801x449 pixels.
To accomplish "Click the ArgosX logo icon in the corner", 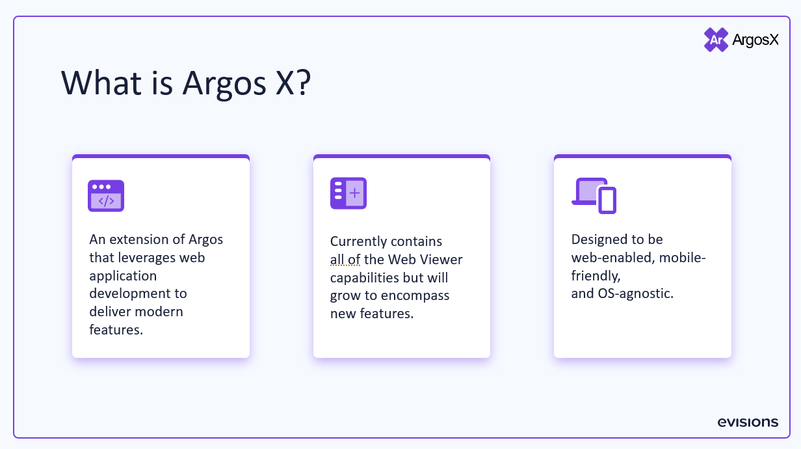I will click(x=716, y=40).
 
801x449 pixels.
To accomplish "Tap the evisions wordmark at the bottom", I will click(x=748, y=422).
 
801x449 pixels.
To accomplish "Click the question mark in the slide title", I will click(x=300, y=83).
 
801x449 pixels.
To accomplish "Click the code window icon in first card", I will click(x=106, y=195).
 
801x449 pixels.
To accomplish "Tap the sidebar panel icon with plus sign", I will click(x=348, y=193).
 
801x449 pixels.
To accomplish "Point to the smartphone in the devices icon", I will click(x=607, y=200).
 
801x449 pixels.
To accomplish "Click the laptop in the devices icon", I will click(x=587, y=192).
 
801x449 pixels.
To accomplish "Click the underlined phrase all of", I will click(x=345, y=260).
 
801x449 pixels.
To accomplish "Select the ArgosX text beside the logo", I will click(x=755, y=40).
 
